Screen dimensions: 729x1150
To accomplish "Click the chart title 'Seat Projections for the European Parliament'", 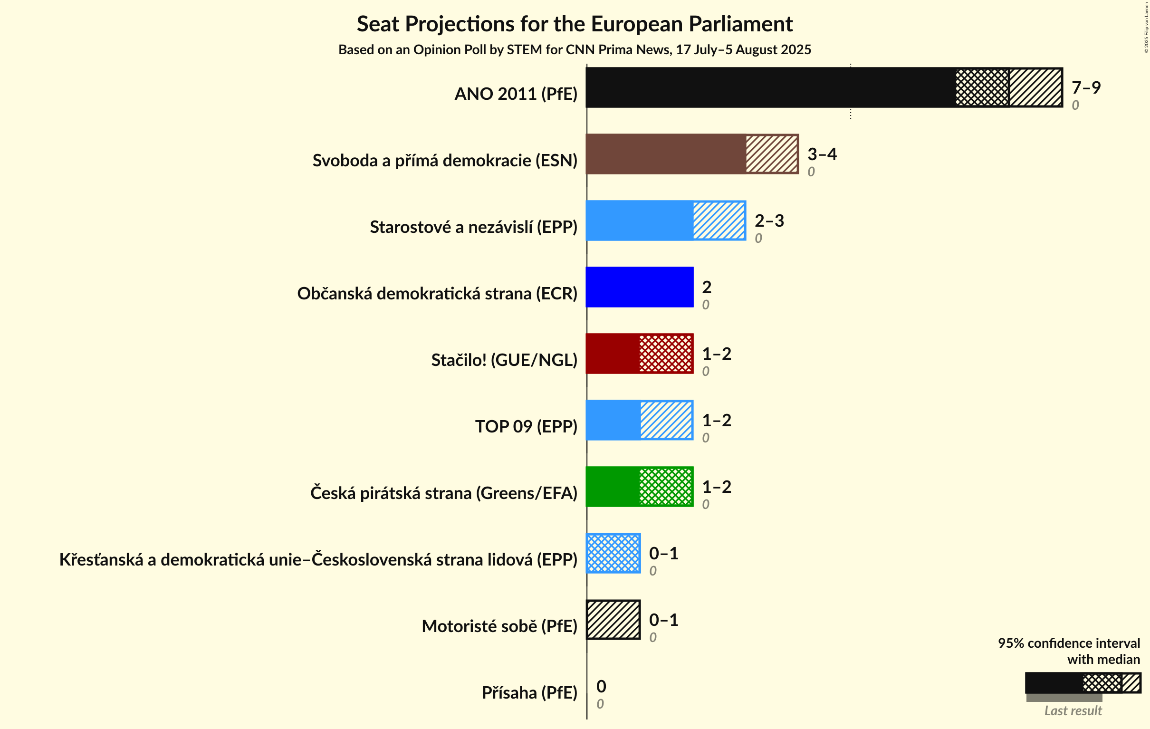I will click(575, 24).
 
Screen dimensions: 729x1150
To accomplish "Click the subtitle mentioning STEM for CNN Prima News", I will click(575, 50).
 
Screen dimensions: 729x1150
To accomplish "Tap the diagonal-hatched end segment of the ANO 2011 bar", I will click(1035, 87).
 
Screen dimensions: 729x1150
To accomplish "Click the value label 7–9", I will click(1085, 87).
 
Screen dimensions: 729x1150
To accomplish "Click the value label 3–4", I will click(822, 154).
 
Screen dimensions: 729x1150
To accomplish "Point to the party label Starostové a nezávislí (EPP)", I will click(473, 227).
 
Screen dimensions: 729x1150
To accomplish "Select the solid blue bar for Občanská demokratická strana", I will click(639, 287).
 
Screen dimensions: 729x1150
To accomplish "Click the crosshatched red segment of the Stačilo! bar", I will click(666, 354).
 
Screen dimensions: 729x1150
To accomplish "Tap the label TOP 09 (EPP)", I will click(526, 426).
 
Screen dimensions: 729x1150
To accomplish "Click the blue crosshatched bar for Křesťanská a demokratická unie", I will click(613, 553).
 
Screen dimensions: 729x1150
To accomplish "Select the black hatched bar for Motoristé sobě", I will click(613, 620).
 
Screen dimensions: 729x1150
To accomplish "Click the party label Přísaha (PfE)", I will click(529, 692).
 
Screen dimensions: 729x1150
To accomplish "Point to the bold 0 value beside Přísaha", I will click(601, 686).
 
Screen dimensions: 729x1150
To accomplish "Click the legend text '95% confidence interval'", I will click(1068, 643).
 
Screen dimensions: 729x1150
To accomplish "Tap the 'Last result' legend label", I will click(1073, 711).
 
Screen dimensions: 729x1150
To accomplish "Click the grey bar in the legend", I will click(1064, 698).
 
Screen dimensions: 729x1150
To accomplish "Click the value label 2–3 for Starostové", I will click(769, 221).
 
